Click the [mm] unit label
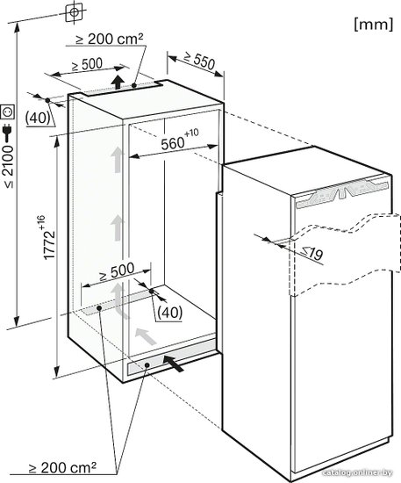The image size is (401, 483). pyautogui.click(x=374, y=24)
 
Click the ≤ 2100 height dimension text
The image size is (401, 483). pyautogui.click(x=9, y=167)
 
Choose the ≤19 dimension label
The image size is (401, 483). pyautogui.click(x=312, y=253)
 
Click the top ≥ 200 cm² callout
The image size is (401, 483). pyautogui.click(x=110, y=40)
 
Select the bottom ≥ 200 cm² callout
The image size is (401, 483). pyautogui.click(x=63, y=468)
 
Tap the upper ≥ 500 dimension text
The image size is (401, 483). pyautogui.click(x=87, y=64)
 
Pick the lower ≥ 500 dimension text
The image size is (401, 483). pyautogui.click(x=117, y=271)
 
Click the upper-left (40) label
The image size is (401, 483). pyautogui.click(x=38, y=118)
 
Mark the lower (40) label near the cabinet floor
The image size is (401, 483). pyautogui.click(x=169, y=313)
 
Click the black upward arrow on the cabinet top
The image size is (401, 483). pyautogui.click(x=118, y=82)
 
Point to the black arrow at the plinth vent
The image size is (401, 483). pyautogui.click(x=173, y=363)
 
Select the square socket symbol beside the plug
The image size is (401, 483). pyautogui.click(x=8, y=112)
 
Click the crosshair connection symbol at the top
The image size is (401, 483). pyautogui.click(x=75, y=12)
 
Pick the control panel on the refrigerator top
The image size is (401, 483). pyautogui.click(x=341, y=194)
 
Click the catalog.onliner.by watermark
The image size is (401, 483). pyautogui.click(x=358, y=472)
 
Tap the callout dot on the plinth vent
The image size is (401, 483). pyautogui.click(x=147, y=365)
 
